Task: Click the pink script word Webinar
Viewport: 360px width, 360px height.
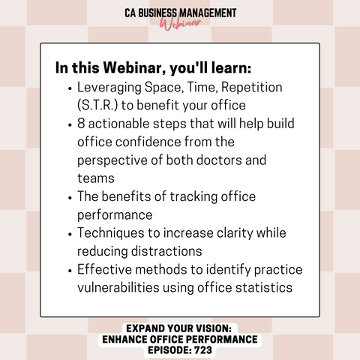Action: point(180,24)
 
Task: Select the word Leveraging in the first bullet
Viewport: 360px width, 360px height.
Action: point(109,88)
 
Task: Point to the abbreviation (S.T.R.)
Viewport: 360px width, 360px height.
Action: point(97,105)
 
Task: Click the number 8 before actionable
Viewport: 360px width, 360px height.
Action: point(81,124)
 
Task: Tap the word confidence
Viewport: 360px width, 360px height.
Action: point(148,142)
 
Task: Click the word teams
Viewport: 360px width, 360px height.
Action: point(96,178)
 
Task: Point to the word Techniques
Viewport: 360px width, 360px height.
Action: point(111,233)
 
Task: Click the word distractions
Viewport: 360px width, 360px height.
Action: point(166,251)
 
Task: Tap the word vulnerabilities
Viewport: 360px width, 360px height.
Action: point(118,288)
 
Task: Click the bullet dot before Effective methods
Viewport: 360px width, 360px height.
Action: point(70,271)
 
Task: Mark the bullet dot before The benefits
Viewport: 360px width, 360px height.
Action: point(70,198)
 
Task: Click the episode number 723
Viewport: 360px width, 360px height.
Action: point(203,350)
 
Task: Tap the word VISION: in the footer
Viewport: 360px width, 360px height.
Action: point(214,328)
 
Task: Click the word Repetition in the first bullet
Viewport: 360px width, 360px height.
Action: point(252,88)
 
